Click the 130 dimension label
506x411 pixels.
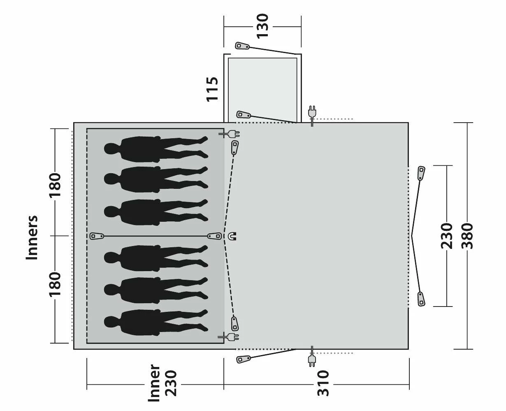tap(262, 26)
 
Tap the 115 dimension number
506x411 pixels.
tap(212, 89)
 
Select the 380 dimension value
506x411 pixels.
tap(467, 236)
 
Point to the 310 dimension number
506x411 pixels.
tap(323, 383)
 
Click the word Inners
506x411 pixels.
tap(32, 237)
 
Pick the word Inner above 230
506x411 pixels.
tap(154, 383)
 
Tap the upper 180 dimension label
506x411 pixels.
tap(55, 185)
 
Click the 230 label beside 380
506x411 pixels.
tap(446, 236)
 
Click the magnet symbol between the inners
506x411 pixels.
tap(232, 236)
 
